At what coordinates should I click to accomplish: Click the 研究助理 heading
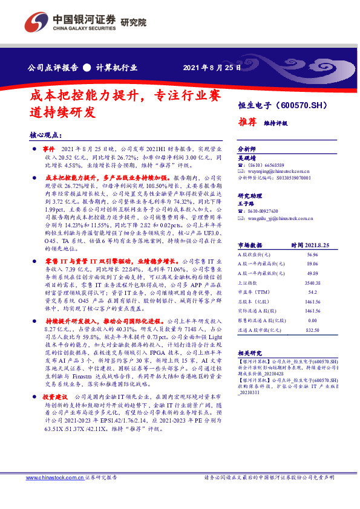click(249, 196)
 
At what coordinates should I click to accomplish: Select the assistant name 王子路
click(247, 204)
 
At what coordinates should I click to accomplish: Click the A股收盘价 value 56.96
click(313, 255)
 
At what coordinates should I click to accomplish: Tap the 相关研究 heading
click(249, 352)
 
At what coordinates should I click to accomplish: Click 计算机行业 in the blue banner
click(119, 67)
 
